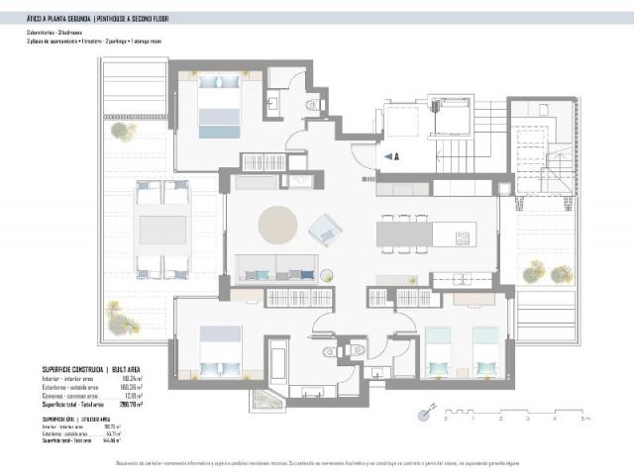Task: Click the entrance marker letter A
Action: pos(395,156)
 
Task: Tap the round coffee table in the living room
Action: pos(277,225)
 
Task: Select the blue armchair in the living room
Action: pos(324,232)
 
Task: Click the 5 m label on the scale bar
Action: pos(585,420)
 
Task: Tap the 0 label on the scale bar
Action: pos(447,420)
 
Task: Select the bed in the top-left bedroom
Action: pos(219,106)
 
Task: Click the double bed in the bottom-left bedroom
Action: pos(219,351)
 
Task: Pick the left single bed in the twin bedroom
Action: pos(438,352)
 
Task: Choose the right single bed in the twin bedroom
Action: pos(485,352)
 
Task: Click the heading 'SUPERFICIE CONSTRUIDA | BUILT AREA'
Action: pos(91,367)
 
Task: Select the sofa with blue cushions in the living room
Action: pos(276,269)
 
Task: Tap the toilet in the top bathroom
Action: pos(311,104)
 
